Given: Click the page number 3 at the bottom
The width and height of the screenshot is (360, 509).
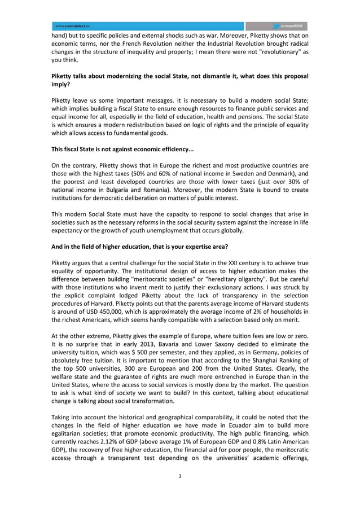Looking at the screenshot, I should [x=179, y=476].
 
